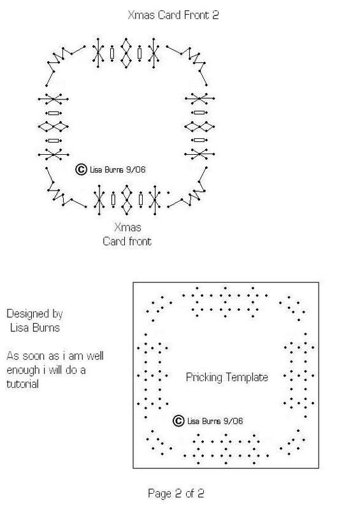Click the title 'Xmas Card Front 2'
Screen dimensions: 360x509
[x=173, y=15]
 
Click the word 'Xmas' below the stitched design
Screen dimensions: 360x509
[x=127, y=227]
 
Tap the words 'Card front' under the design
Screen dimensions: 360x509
[x=127, y=241]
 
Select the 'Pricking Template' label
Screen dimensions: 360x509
[x=227, y=377]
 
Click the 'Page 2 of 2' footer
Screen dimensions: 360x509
[x=176, y=493]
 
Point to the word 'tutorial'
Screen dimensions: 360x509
[x=23, y=384]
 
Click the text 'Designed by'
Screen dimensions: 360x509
[x=34, y=313]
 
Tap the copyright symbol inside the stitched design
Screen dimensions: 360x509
[x=81, y=169]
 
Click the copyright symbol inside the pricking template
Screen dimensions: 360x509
[x=178, y=420]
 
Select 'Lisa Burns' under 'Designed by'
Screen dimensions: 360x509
[x=35, y=327]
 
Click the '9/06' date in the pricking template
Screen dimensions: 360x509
[x=233, y=421]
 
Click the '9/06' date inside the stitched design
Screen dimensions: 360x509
[x=136, y=169]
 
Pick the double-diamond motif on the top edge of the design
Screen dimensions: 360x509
[x=126, y=53]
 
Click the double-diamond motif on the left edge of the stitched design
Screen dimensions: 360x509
[x=54, y=126]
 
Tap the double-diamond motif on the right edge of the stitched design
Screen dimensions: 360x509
[x=199, y=126]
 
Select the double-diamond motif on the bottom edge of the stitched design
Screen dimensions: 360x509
[x=127, y=199]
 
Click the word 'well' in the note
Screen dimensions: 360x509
[x=95, y=355]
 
